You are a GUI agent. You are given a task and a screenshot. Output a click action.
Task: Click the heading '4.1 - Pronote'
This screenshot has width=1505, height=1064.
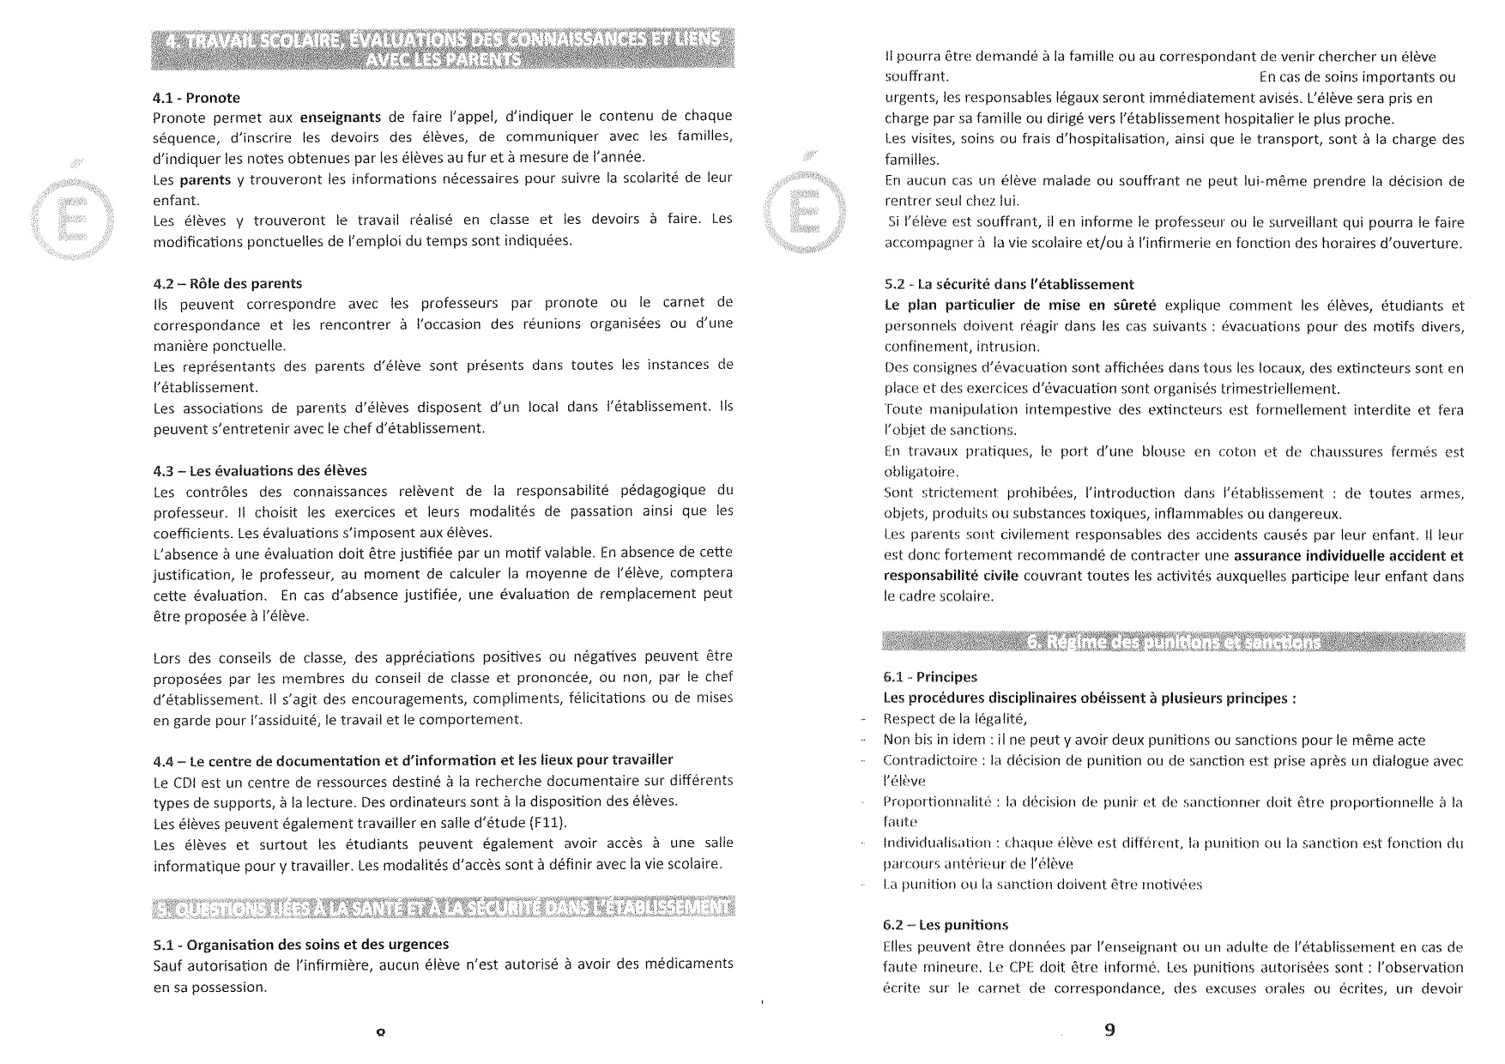[196, 98]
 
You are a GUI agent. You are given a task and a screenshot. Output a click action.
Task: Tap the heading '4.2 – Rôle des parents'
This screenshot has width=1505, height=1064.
[227, 283]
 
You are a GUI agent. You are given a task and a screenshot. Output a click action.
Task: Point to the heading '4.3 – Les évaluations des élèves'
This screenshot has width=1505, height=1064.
[260, 470]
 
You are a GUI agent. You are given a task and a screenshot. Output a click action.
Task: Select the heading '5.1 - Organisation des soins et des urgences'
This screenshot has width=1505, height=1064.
[300, 945]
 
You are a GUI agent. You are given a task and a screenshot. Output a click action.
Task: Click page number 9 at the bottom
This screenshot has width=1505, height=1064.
[1109, 1030]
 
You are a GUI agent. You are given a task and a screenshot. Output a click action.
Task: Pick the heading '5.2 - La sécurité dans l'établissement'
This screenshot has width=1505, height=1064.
[1009, 284]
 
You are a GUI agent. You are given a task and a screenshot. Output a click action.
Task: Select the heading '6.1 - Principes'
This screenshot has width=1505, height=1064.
[930, 677]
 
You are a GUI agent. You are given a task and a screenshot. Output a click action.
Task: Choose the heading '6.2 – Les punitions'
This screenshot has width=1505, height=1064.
[946, 926]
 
